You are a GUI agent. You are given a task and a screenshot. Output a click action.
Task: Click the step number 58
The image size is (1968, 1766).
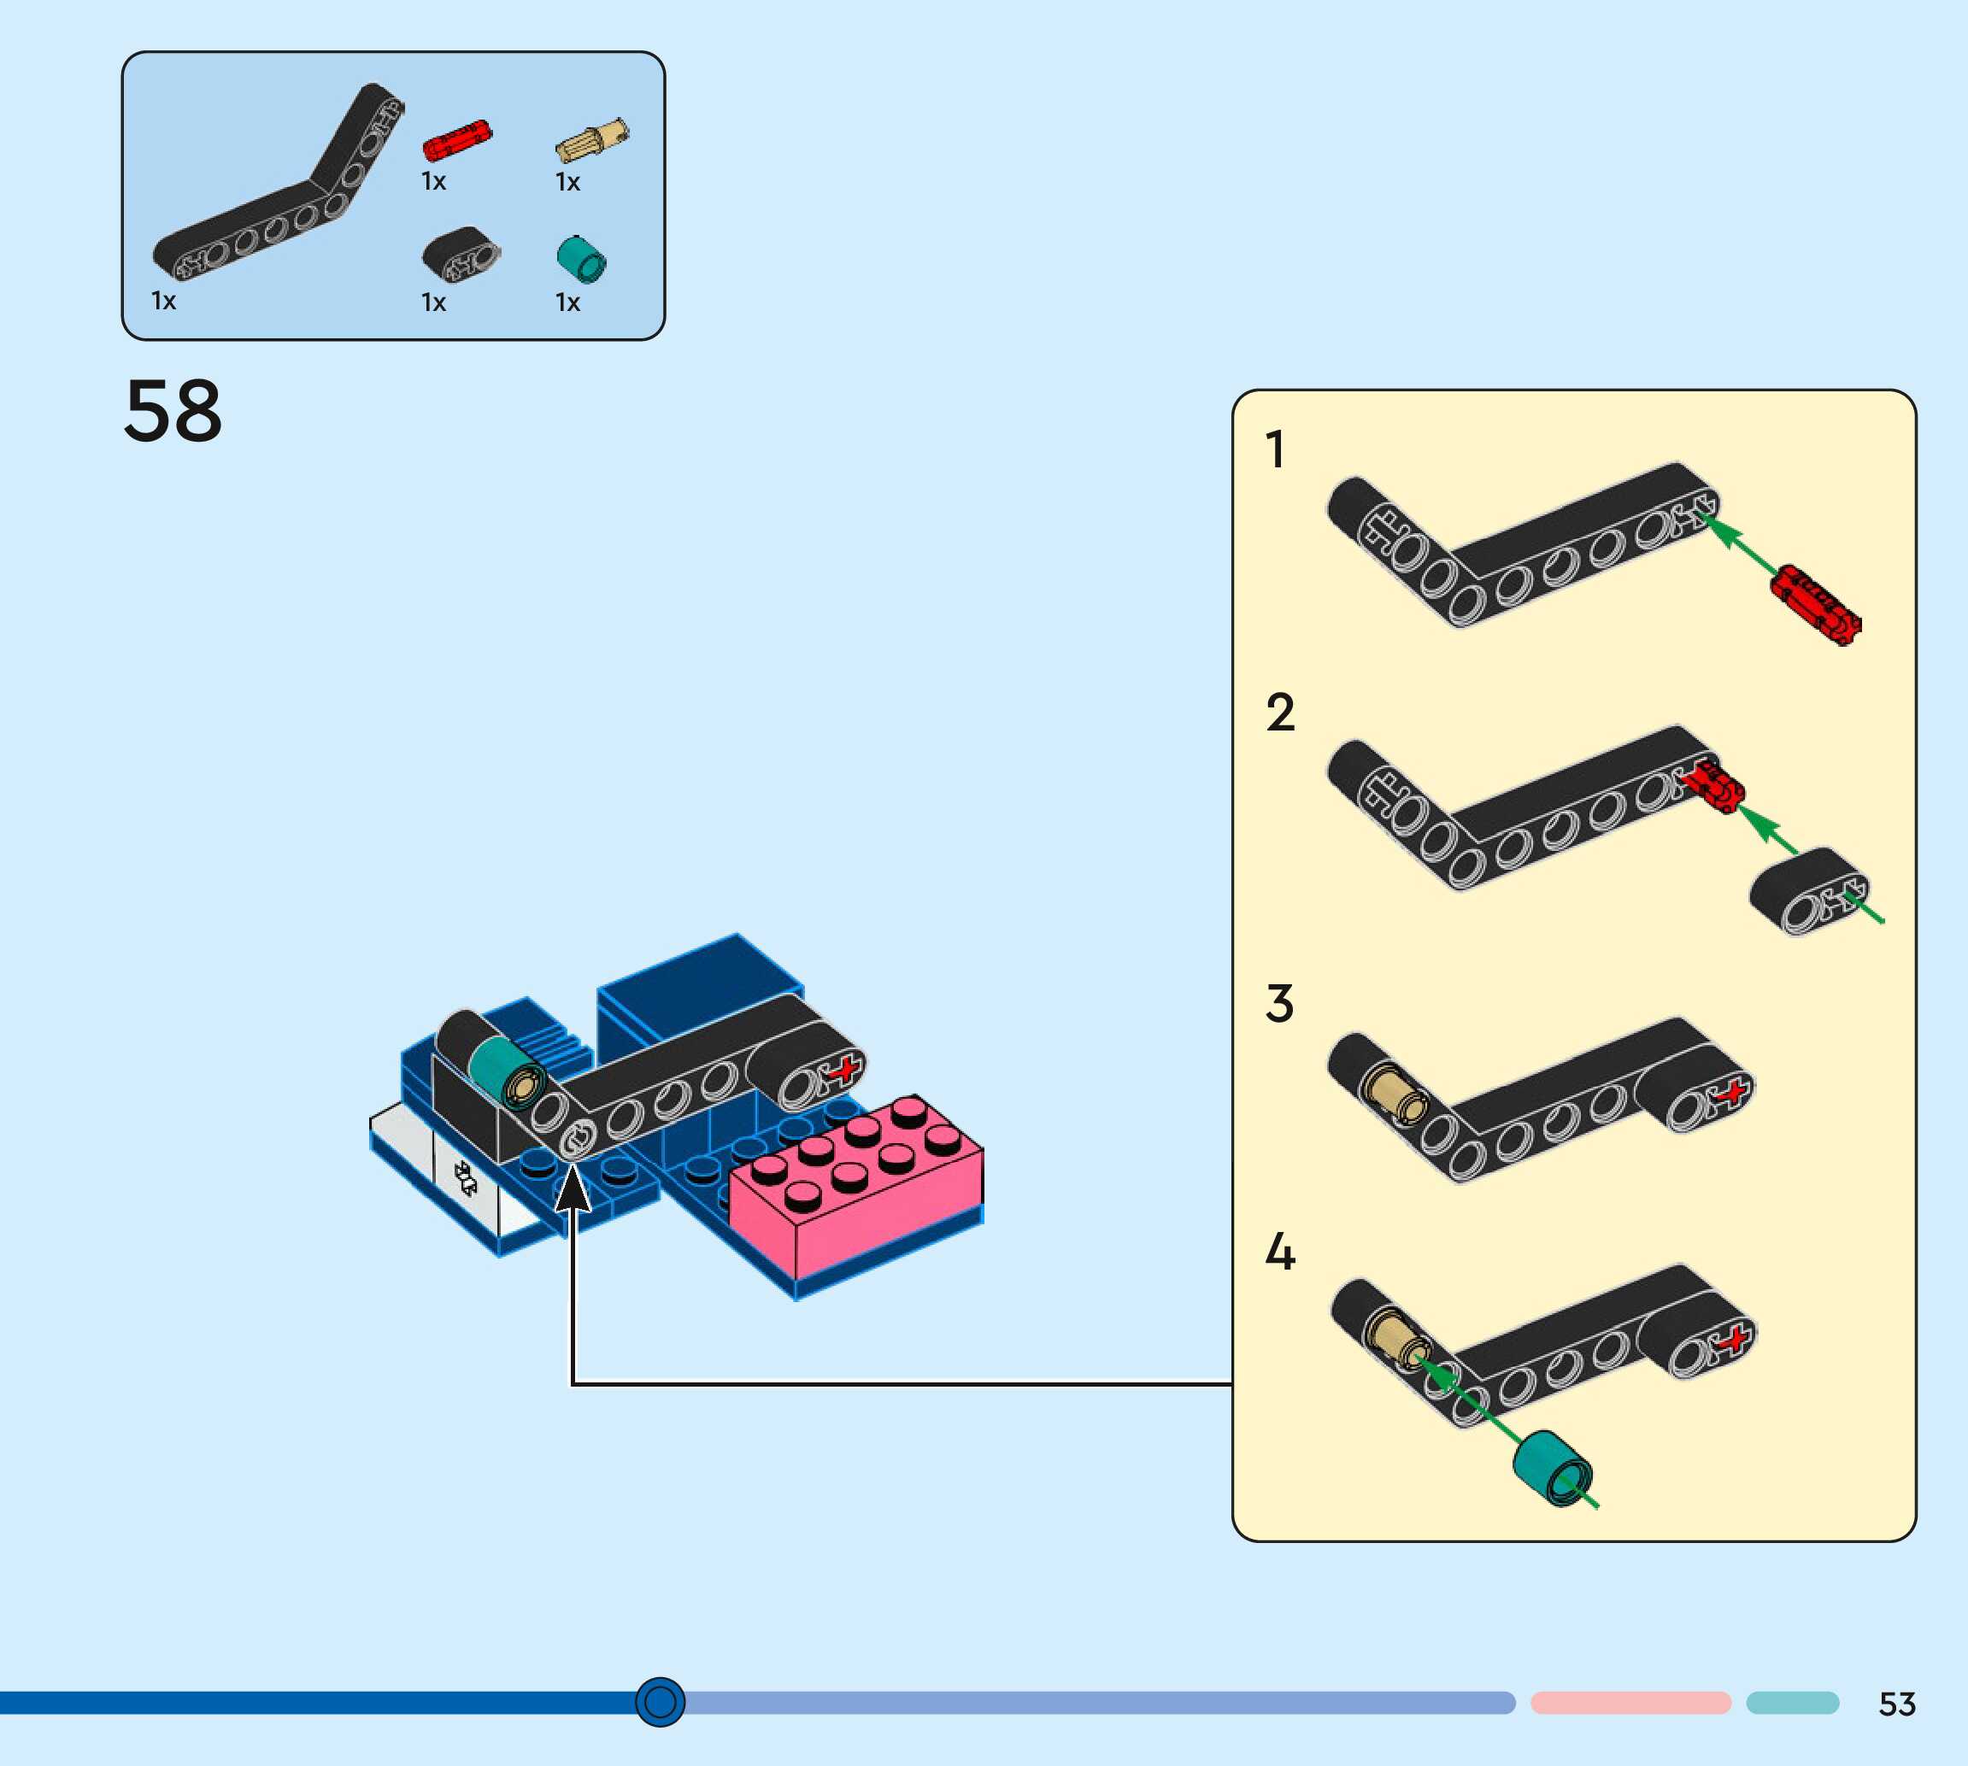tap(173, 412)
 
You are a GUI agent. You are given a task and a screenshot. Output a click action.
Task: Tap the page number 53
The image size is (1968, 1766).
tap(1896, 1704)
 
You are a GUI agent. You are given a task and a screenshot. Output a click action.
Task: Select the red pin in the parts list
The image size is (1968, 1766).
tap(457, 141)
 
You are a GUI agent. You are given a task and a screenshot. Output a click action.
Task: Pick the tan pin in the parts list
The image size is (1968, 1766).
tap(592, 142)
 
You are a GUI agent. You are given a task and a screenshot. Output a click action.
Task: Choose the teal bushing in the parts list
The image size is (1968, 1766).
tap(581, 260)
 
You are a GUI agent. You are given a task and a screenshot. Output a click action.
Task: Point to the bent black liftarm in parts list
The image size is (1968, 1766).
tap(281, 194)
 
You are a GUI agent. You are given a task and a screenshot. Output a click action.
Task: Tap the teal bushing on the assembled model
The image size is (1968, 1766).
tap(505, 1072)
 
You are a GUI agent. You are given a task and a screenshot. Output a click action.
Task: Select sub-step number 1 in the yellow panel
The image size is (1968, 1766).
tap(1276, 450)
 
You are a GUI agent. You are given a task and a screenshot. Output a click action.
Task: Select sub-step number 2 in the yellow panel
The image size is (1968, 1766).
tap(1280, 713)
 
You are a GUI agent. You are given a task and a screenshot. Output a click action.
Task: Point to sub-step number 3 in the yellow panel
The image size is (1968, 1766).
tap(1279, 1003)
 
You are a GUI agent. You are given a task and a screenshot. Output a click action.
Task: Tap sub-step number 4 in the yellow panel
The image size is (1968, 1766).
tap(1280, 1252)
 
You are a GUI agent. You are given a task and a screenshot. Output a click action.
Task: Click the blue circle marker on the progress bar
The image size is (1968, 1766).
tap(660, 1701)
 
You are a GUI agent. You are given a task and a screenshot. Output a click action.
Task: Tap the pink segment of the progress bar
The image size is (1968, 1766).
tap(1630, 1703)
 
